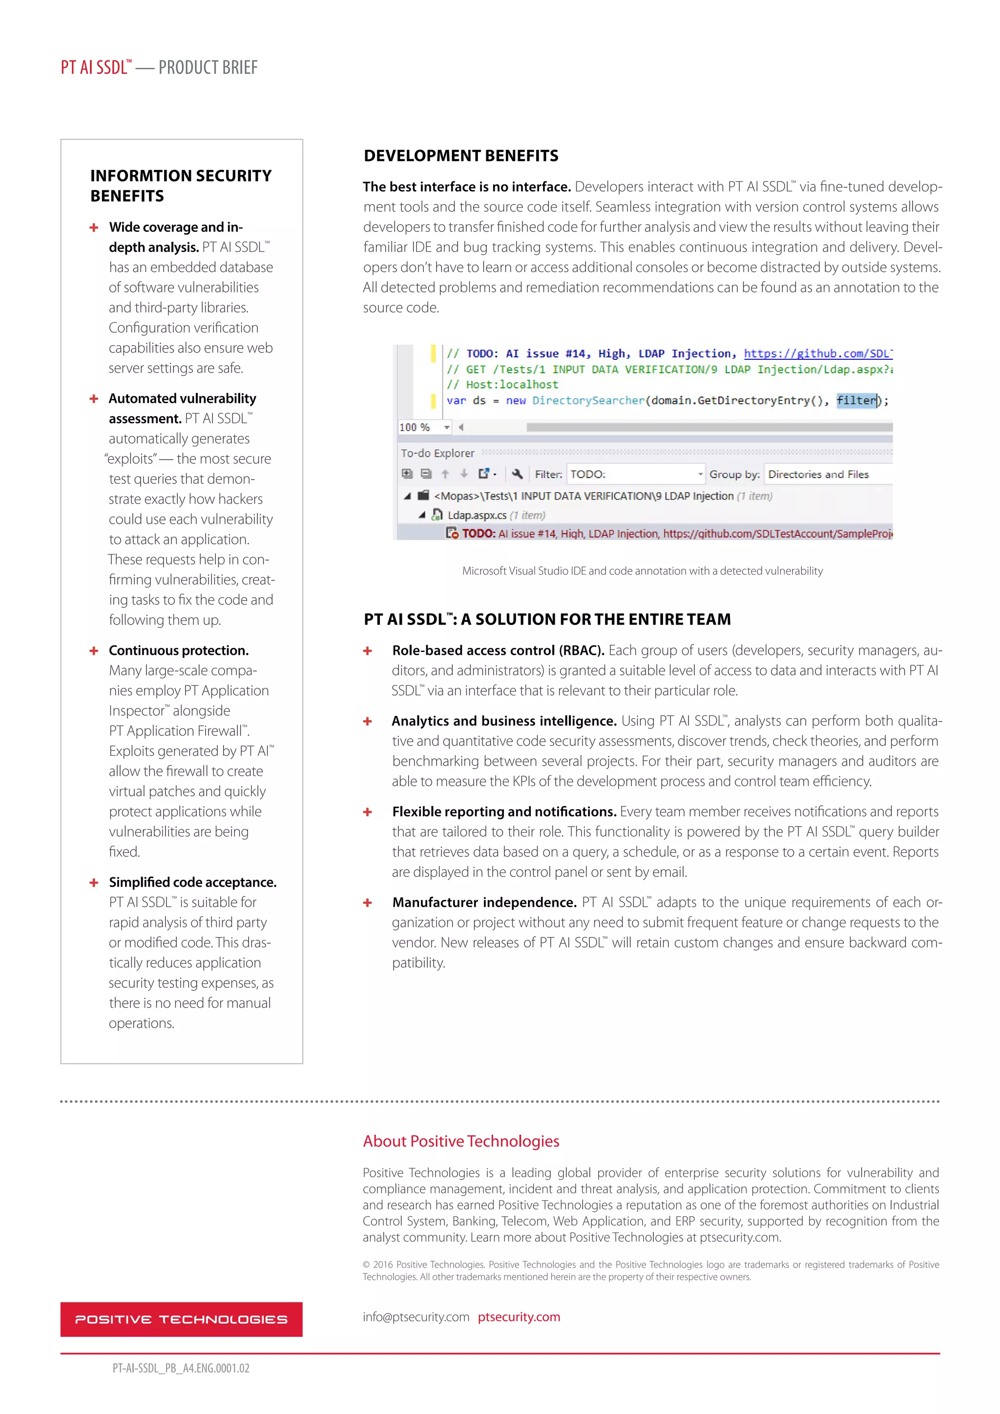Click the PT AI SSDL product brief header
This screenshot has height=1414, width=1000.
pyautogui.click(x=159, y=67)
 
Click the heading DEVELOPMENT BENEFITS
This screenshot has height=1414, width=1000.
pyautogui.click(x=460, y=156)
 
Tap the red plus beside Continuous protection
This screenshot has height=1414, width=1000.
pyautogui.click(x=94, y=651)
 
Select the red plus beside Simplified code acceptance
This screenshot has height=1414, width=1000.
pyautogui.click(x=94, y=882)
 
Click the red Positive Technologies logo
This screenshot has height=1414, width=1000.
pyautogui.click(x=181, y=1319)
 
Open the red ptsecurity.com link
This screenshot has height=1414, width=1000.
pyautogui.click(x=519, y=1317)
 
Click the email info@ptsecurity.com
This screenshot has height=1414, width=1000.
pyautogui.click(x=416, y=1317)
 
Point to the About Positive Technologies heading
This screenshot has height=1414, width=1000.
pyautogui.click(x=460, y=1141)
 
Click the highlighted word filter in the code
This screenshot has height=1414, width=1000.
pyautogui.click(x=856, y=400)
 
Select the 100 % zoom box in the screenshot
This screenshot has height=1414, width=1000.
pyautogui.click(x=424, y=427)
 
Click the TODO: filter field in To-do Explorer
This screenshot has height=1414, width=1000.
pyautogui.click(x=634, y=474)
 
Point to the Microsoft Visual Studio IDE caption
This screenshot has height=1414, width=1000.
pyautogui.click(x=642, y=571)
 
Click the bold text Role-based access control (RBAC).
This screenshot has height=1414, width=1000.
pyautogui.click(x=498, y=650)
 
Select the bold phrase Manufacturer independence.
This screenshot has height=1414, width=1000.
pyautogui.click(x=484, y=902)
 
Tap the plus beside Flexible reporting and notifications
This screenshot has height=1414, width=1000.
pyautogui.click(x=368, y=812)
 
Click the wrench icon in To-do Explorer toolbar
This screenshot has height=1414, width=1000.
pyautogui.click(x=517, y=474)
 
